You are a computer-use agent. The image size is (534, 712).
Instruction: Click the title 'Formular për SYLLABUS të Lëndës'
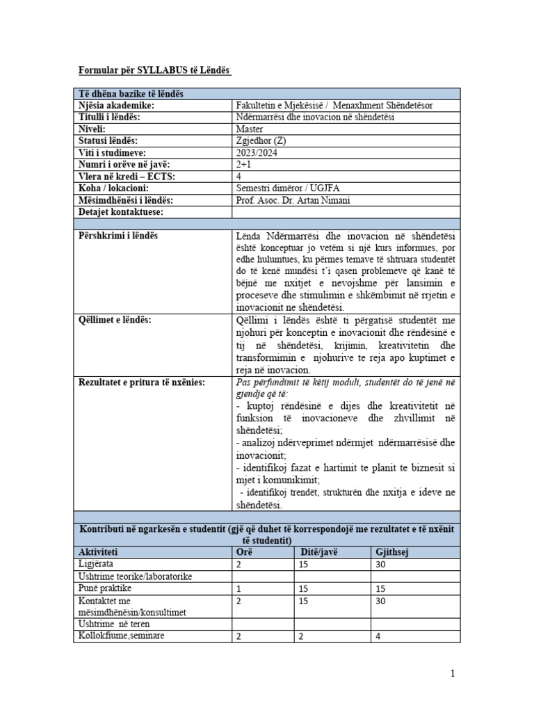click(x=153, y=71)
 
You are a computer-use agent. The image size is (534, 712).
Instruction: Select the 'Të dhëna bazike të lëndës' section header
click(x=131, y=94)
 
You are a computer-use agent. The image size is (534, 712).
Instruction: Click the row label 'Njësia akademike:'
click(x=115, y=105)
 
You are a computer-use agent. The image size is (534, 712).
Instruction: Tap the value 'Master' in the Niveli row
click(x=250, y=129)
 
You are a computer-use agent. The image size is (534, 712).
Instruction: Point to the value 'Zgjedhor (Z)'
click(x=261, y=140)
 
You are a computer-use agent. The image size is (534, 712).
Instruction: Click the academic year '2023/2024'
click(x=257, y=152)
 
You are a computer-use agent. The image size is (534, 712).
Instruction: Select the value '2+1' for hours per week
click(x=244, y=164)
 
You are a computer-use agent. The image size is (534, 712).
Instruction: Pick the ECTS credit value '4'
click(x=239, y=176)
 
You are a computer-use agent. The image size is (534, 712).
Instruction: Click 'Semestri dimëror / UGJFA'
click(x=286, y=188)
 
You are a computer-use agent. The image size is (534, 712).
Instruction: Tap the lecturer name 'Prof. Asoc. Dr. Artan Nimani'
click(x=293, y=200)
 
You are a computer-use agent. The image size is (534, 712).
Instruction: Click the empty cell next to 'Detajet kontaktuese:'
click(x=345, y=211)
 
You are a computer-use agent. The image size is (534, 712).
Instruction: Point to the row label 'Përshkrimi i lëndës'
click(x=118, y=236)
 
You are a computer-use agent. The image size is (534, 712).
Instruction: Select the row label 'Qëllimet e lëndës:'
click(x=115, y=319)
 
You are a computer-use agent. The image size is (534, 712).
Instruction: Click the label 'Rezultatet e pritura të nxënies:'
click(x=141, y=382)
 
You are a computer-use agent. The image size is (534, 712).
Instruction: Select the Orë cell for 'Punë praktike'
click(x=239, y=588)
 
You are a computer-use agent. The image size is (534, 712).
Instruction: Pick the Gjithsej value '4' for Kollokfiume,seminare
click(x=378, y=636)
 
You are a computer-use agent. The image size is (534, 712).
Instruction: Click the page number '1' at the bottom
click(x=453, y=673)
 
